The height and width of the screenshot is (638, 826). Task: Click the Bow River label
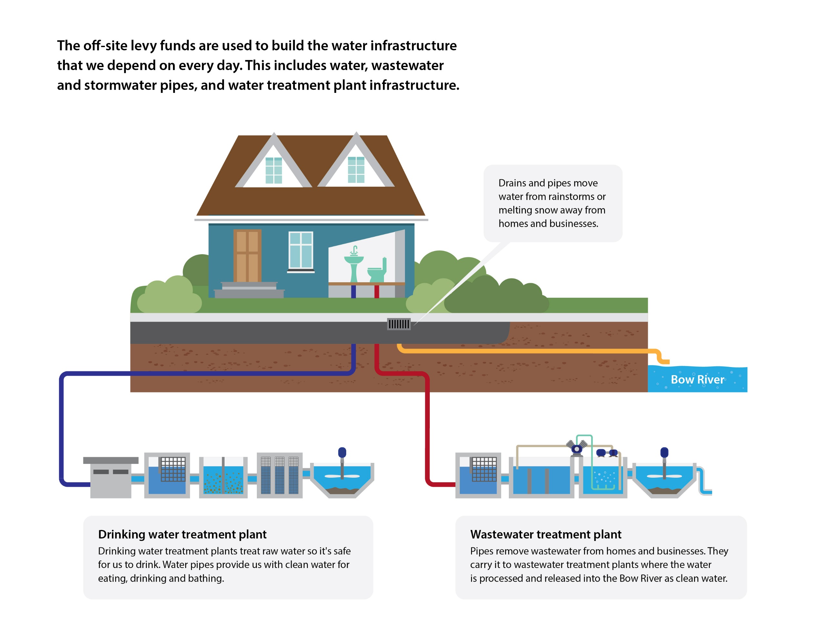coord(697,379)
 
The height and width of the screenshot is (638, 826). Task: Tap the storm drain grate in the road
coord(398,324)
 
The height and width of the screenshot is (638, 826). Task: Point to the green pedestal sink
coord(354,266)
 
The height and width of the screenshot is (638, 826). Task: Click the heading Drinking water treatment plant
coord(182,534)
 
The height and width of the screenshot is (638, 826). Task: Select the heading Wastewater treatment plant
coord(545,534)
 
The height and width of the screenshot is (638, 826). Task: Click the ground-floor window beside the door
coord(301,250)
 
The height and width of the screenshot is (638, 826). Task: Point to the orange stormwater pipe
coord(529,351)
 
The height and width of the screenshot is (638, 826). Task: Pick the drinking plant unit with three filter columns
coord(279,475)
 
